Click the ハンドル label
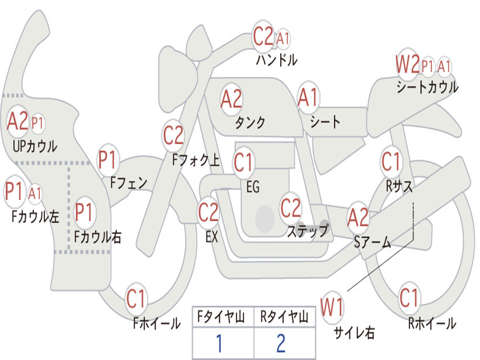277,60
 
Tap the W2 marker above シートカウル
407,64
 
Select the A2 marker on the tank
232,99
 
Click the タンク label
250,122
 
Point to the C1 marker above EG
243,162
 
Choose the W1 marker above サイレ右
332,307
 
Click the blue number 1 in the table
219,343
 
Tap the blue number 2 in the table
281,343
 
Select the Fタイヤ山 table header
221,316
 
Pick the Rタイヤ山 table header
284,316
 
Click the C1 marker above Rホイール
409,298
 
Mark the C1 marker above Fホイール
135,299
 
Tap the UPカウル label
35,146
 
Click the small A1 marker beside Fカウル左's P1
35,194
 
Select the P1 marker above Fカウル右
84,212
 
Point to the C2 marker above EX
208,212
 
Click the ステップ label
308,230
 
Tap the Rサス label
399,186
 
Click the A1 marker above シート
308,98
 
